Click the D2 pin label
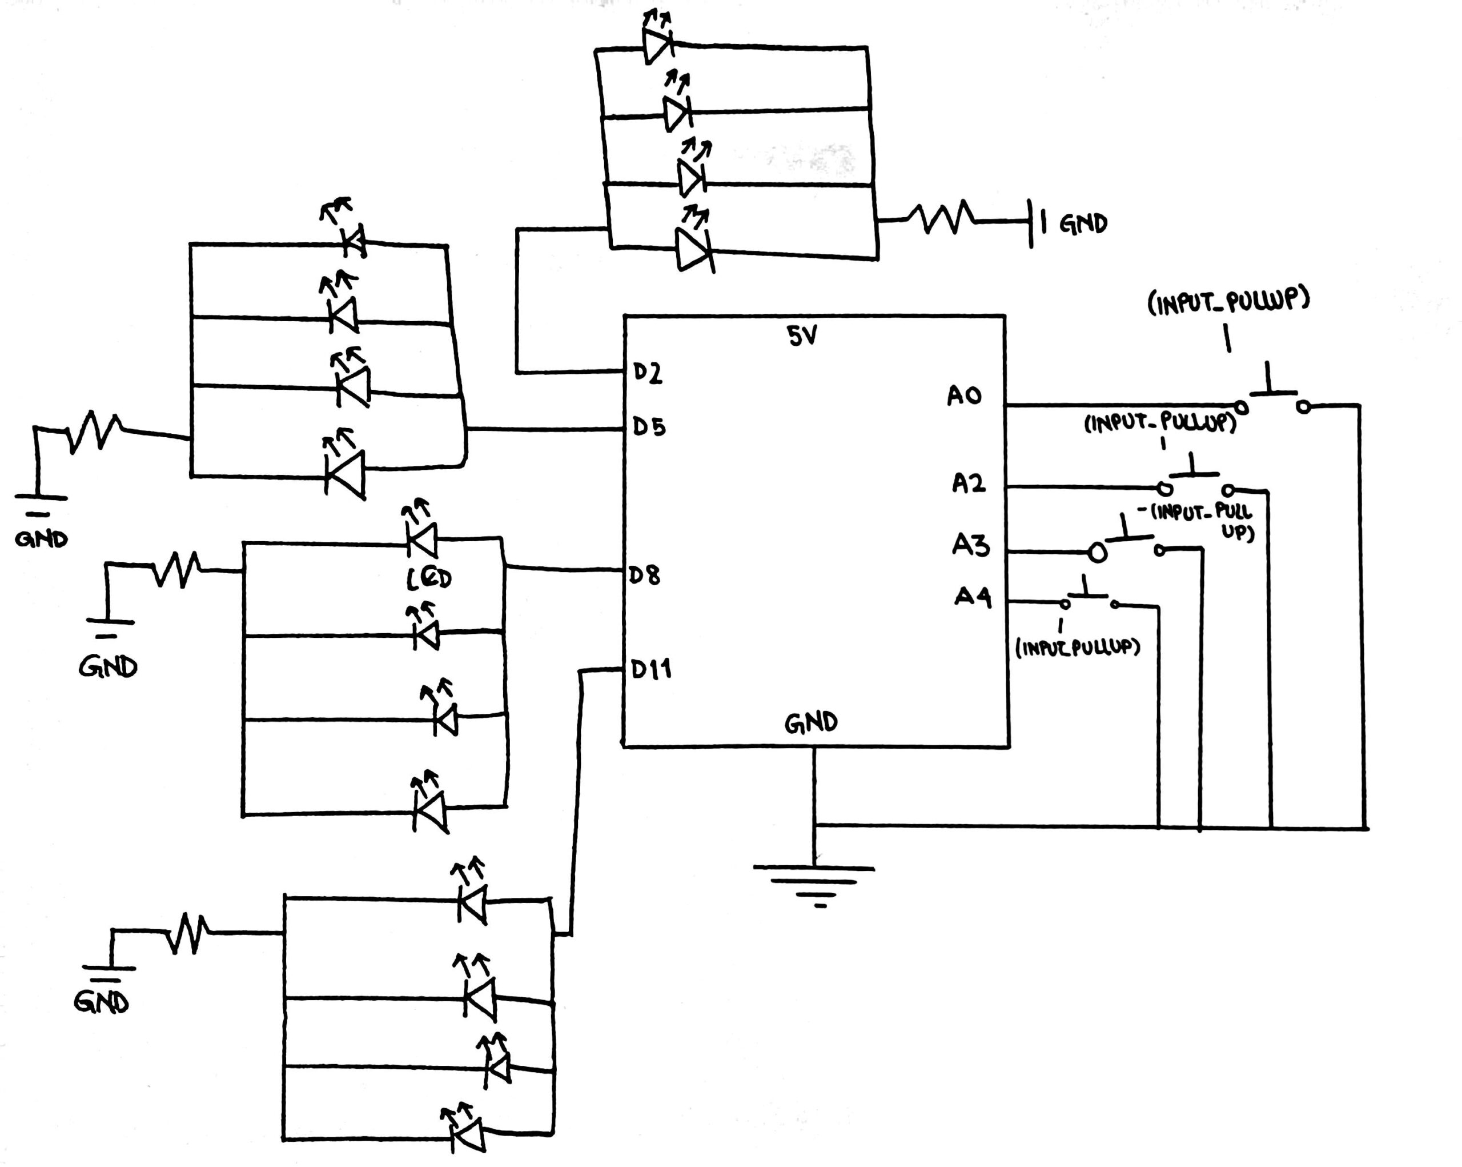[x=648, y=373]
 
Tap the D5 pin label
[x=649, y=427]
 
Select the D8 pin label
[x=644, y=575]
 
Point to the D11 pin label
[x=651, y=670]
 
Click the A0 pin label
[x=964, y=395]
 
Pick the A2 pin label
[x=969, y=483]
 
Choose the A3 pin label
[x=970, y=545]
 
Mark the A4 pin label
[x=973, y=597]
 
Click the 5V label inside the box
[x=803, y=336]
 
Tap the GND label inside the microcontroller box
[x=811, y=724]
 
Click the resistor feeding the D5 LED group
[x=95, y=430]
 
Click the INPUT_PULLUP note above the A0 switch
[x=1228, y=302]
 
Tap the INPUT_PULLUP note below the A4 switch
[x=1078, y=648]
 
